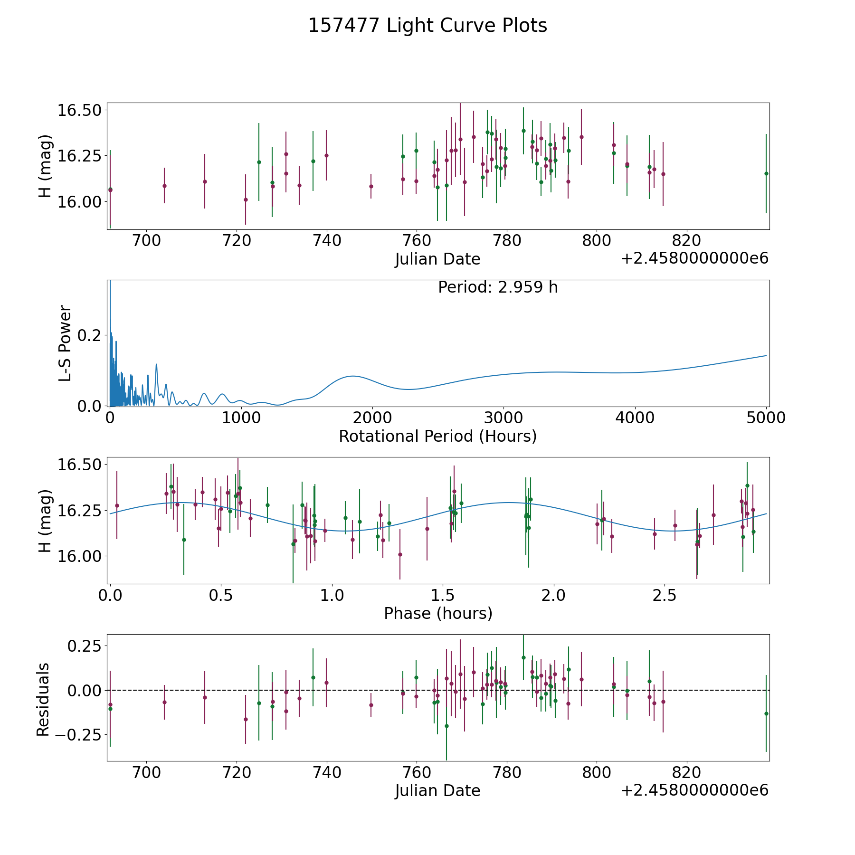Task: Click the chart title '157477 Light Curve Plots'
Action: point(427,26)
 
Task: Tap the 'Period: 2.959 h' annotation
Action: point(498,287)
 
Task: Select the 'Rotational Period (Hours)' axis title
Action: point(437,436)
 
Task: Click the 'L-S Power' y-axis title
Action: point(65,343)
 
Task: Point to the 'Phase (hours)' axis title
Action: point(438,613)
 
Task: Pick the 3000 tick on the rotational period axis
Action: point(503,418)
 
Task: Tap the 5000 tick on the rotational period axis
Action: point(766,418)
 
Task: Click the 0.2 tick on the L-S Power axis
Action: point(89,335)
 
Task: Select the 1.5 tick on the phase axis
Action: point(443,595)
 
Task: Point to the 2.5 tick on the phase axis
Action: point(665,595)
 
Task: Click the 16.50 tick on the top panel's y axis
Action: point(79,110)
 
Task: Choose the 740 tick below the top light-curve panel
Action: point(327,240)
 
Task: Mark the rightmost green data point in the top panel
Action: point(766,173)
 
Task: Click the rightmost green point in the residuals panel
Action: point(766,713)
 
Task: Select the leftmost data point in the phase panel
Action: point(117,505)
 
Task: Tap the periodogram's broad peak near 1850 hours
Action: point(353,376)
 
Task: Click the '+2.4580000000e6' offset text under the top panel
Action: point(694,258)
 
